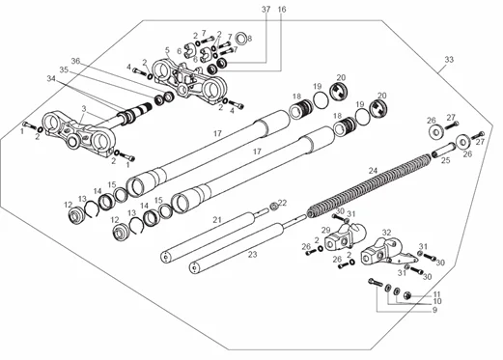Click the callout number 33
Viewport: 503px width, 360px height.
click(449, 60)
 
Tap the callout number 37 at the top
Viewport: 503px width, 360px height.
click(266, 10)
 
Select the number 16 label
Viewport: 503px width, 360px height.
click(282, 10)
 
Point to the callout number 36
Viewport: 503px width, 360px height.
click(75, 61)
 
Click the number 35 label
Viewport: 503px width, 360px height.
click(64, 69)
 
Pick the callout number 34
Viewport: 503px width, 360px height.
click(51, 78)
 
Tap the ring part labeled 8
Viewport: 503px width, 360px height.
click(241, 39)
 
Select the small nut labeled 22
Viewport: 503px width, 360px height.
click(274, 206)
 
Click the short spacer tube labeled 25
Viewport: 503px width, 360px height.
click(442, 152)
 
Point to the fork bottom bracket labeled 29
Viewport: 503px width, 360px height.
click(345, 237)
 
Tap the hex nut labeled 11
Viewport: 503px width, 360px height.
click(407, 294)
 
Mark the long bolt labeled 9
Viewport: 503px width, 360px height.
click(376, 283)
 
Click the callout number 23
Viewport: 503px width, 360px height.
click(253, 255)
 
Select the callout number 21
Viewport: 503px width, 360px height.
click(217, 220)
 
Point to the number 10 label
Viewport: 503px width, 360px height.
click(437, 301)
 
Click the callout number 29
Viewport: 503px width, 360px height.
click(326, 231)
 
